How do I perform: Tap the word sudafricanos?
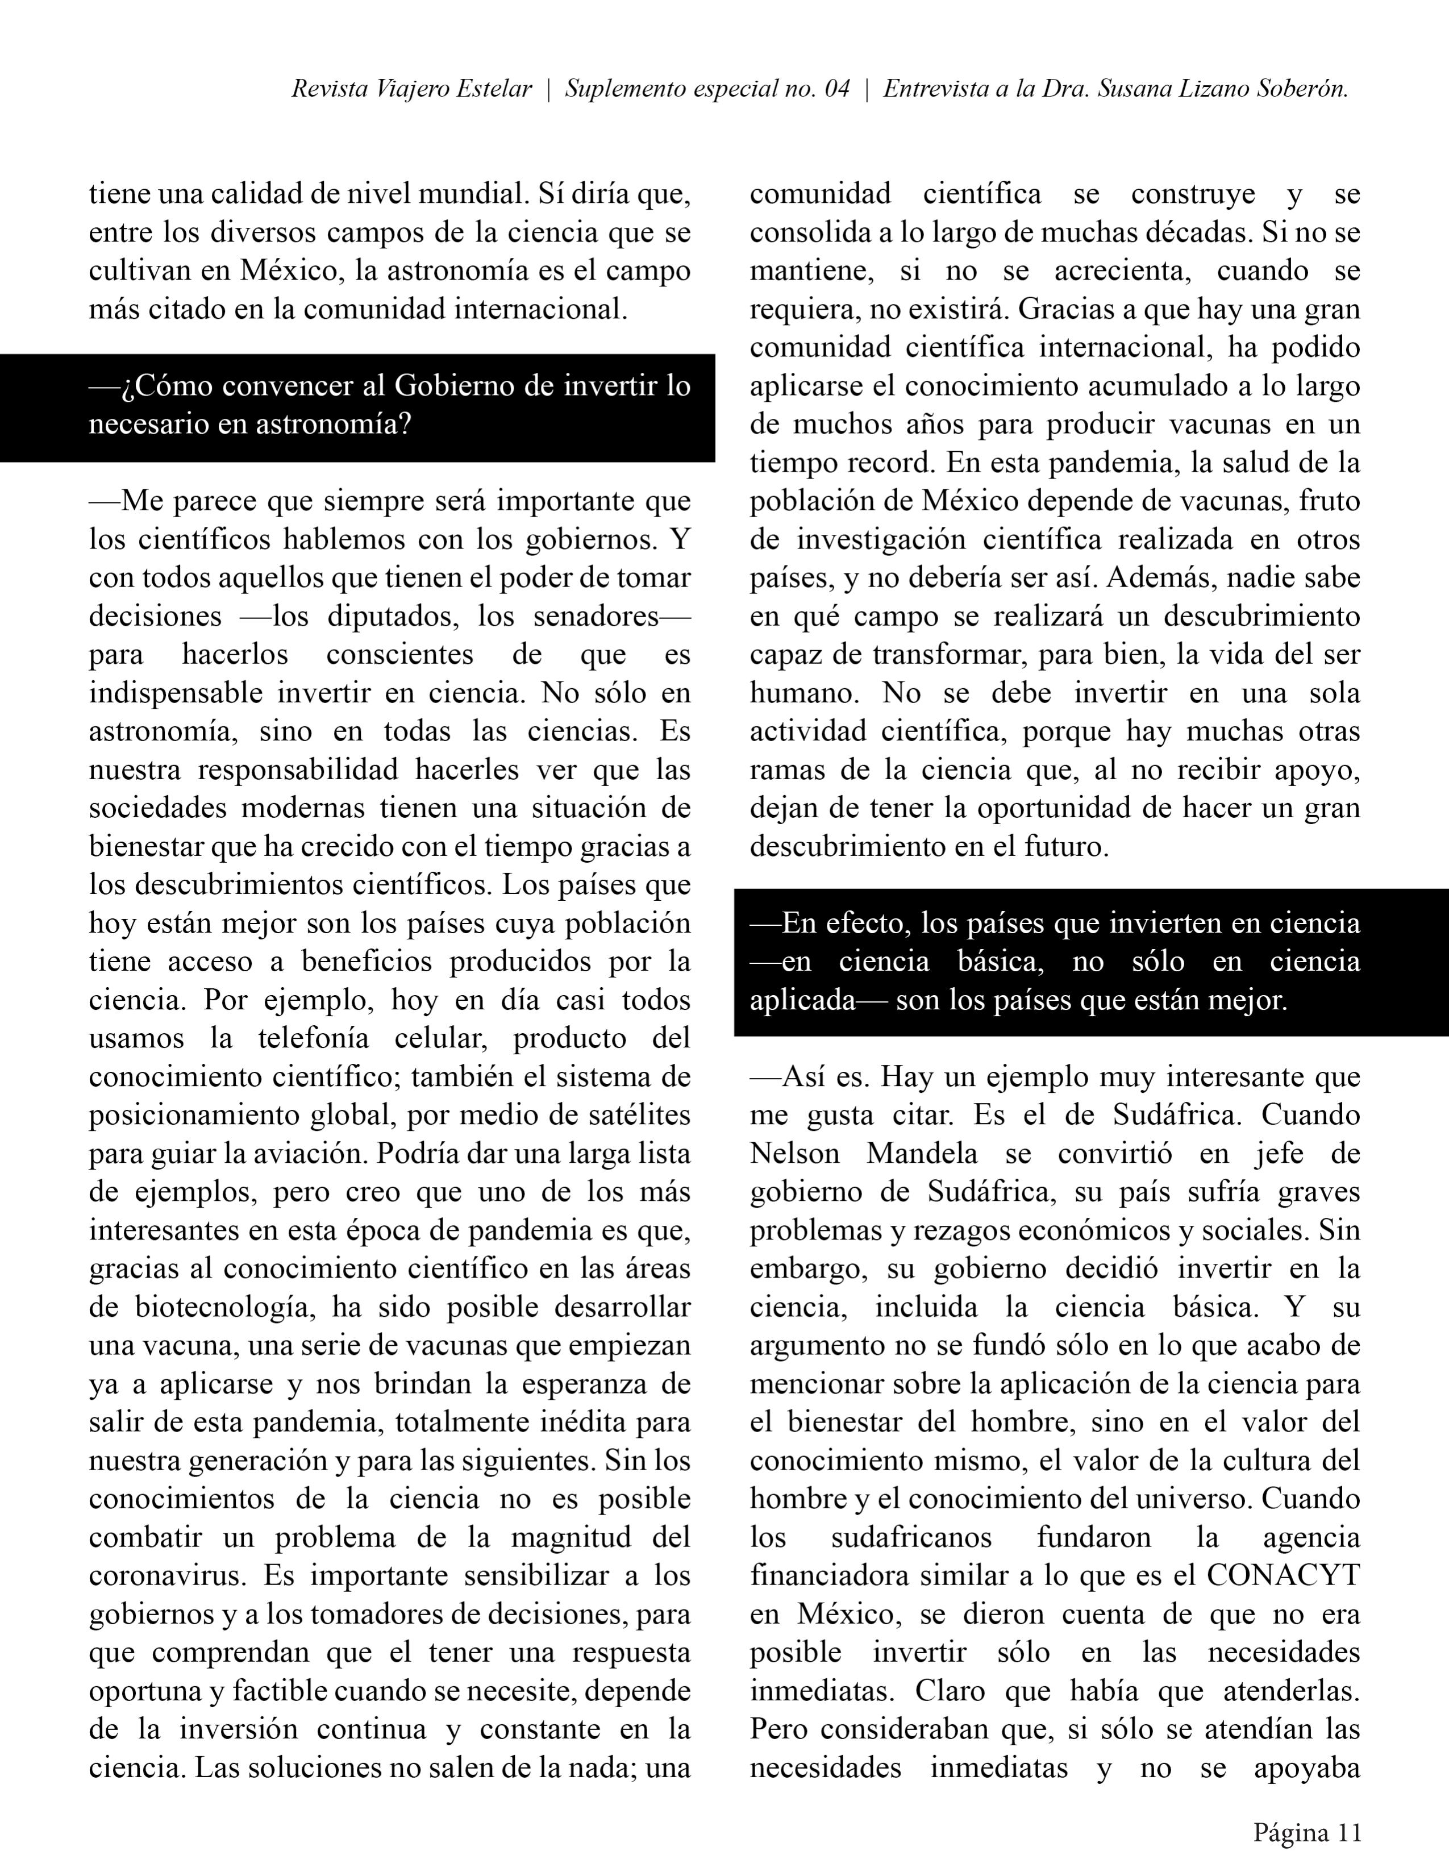[x=912, y=1537]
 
